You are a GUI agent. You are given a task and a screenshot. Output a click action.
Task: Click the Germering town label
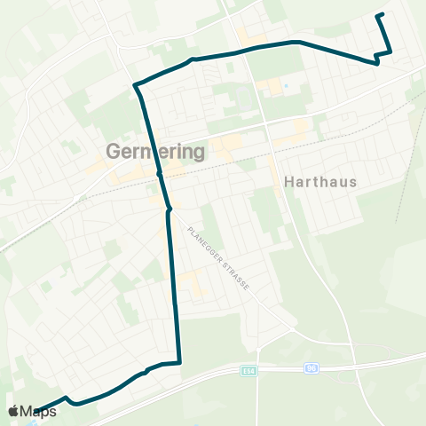pyautogui.click(x=156, y=152)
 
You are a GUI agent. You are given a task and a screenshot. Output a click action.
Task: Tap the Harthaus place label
pyautogui.click(x=320, y=182)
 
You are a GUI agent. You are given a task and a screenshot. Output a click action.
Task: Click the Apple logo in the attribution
pyautogui.click(x=14, y=412)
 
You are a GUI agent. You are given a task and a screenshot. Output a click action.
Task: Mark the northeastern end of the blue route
pyautogui.click(x=380, y=15)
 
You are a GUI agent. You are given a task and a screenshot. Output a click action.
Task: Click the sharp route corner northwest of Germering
pyautogui.click(x=136, y=85)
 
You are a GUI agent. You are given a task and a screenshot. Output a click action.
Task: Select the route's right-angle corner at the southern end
pyautogui.click(x=179, y=362)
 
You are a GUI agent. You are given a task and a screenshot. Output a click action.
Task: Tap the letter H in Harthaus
pyautogui.click(x=290, y=182)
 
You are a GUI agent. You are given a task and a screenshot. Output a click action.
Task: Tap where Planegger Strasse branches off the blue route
pyautogui.click(x=170, y=211)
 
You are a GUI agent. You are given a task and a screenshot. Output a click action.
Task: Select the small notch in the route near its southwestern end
pyautogui.click(x=67, y=398)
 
